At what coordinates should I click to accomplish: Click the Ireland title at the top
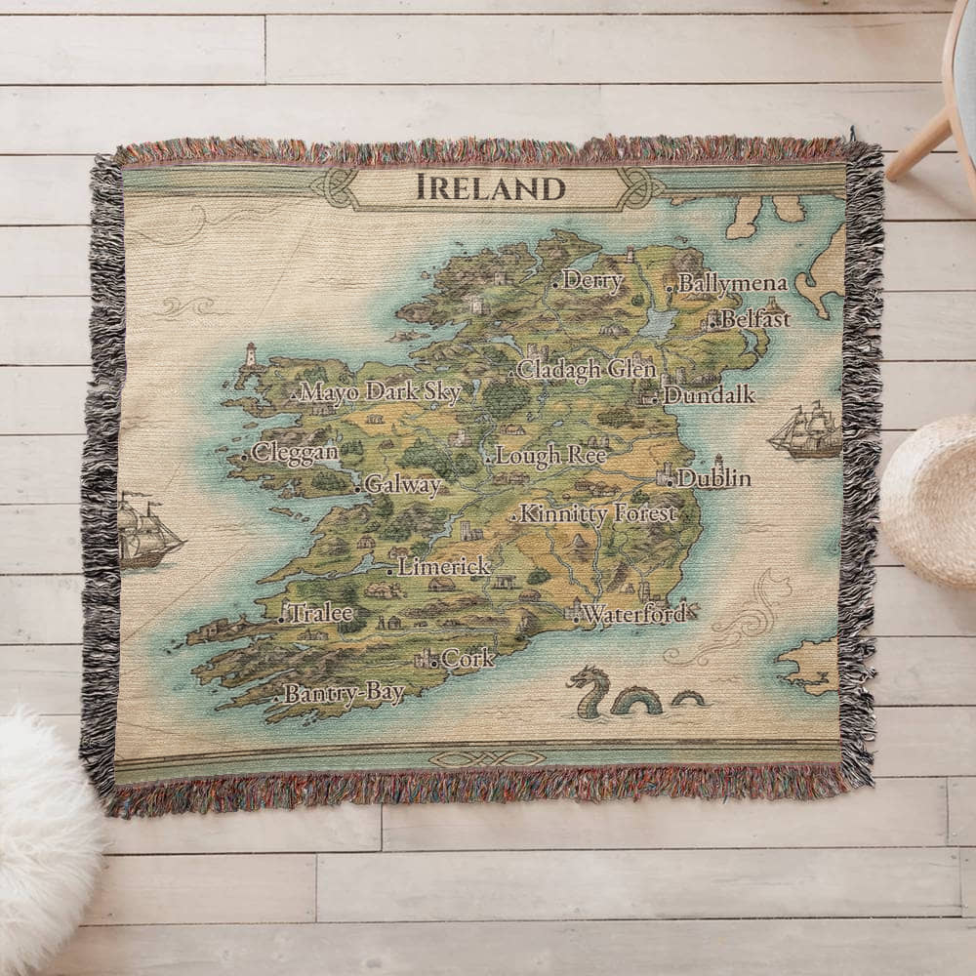tap(491, 186)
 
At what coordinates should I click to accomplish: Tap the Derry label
tap(592, 281)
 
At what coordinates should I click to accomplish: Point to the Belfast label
tap(755, 318)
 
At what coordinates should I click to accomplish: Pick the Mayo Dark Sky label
tap(380, 392)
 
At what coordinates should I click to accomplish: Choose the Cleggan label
tap(295, 453)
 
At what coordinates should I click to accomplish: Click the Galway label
tap(403, 485)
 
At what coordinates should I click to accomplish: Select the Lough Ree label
tap(550, 455)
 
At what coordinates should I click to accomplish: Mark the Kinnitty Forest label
tap(597, 513)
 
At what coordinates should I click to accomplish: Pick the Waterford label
tap(634, 615)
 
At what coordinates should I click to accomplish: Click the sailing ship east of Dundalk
tap(806, 431)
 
